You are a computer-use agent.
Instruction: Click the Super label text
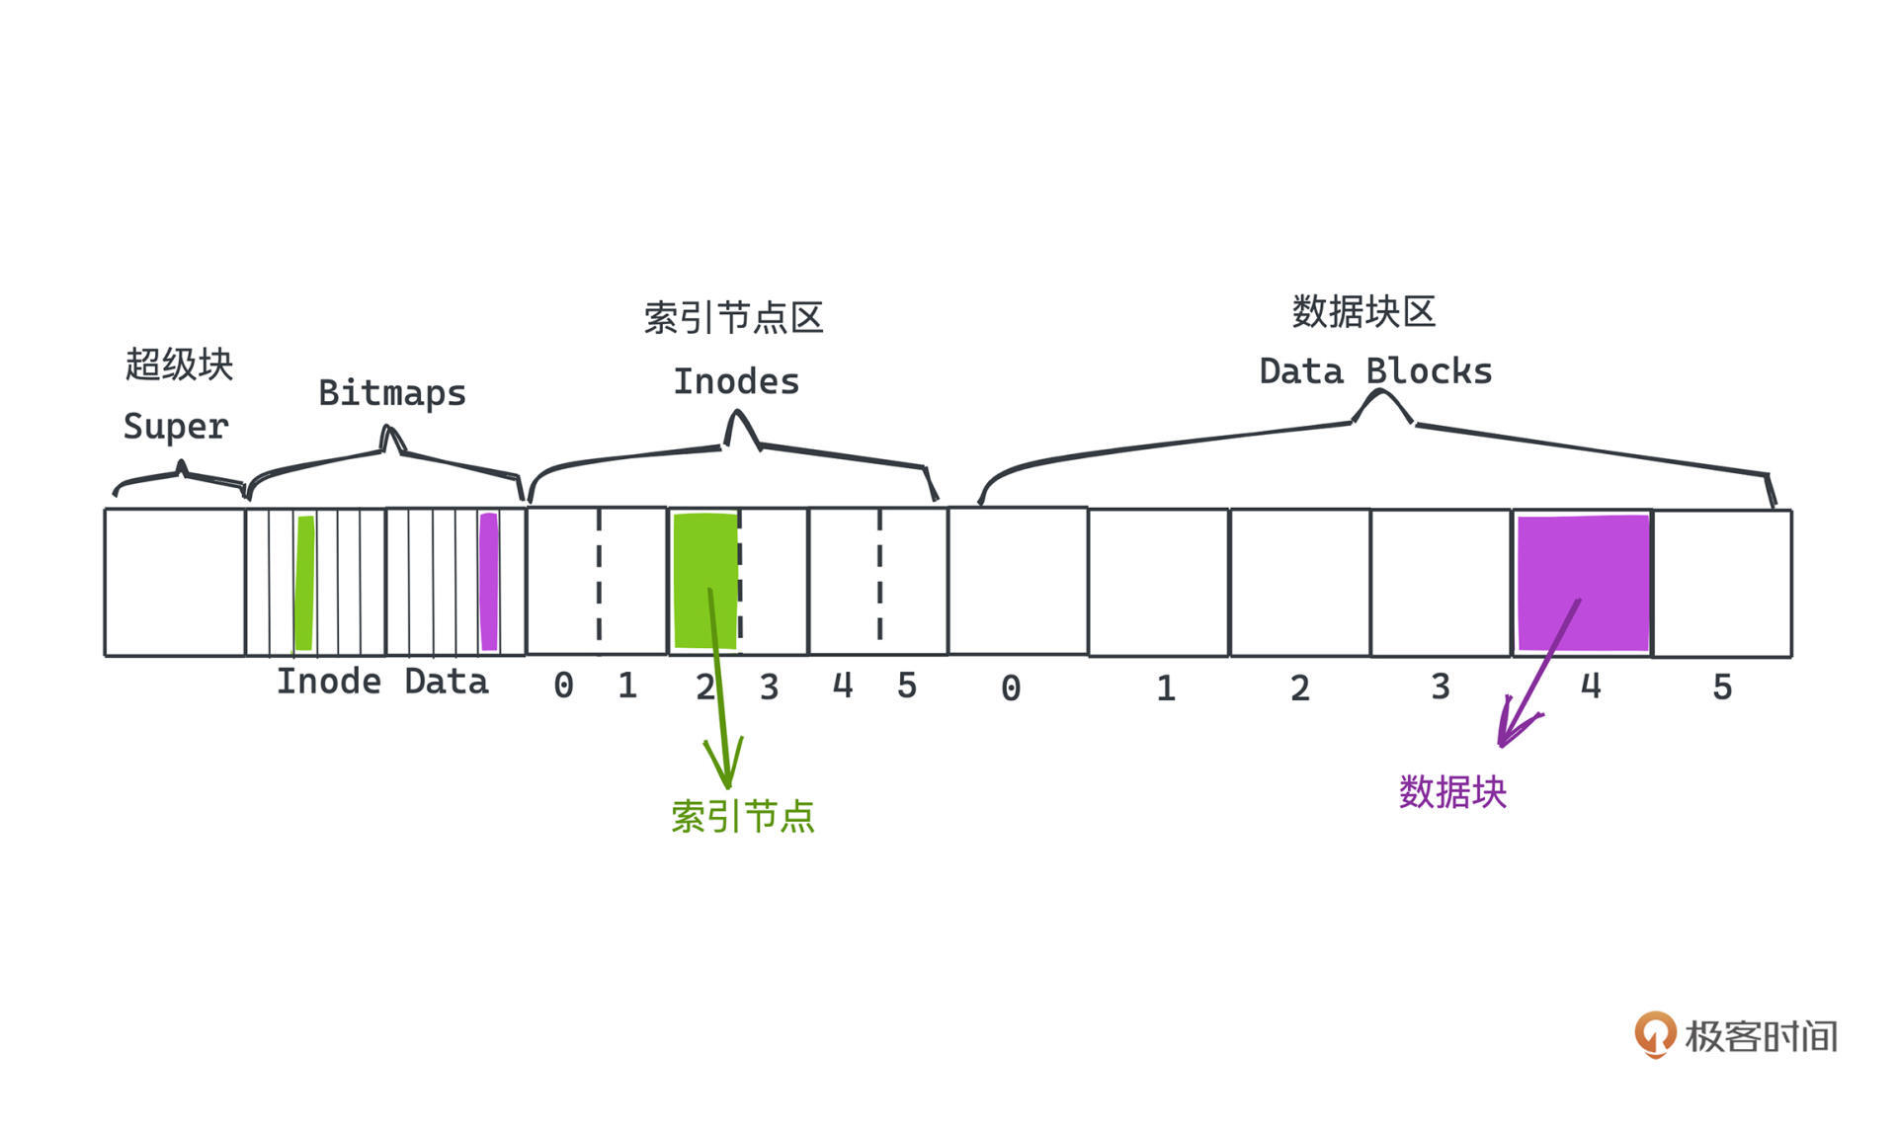pos(176,427)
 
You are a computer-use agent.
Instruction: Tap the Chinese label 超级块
pos(179,364)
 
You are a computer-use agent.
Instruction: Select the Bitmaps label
pos(392,393)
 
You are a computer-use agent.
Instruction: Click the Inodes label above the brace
pos(736,382)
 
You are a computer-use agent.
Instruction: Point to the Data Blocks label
pos(1375,372)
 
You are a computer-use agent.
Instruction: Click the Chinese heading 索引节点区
pos(733,318)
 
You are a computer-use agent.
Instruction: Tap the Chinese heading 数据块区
pos(1363,312)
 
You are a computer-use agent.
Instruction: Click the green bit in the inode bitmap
pos(305,583)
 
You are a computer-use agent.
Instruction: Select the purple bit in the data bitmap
pos(488,583)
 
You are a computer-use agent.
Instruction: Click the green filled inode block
pos(704,581)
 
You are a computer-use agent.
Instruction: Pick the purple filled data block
pos(1583,583)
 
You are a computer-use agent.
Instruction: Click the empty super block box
pos(175,583)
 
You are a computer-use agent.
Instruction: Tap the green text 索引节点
pos(742,817)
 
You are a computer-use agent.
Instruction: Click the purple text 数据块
pos(1452,792)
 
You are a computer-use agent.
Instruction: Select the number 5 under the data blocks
pos(1722,687)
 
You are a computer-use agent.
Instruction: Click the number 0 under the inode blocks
pos(563,686)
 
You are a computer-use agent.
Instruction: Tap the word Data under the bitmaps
pos(447,683)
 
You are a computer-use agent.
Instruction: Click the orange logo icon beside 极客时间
pos(1655,1034)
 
